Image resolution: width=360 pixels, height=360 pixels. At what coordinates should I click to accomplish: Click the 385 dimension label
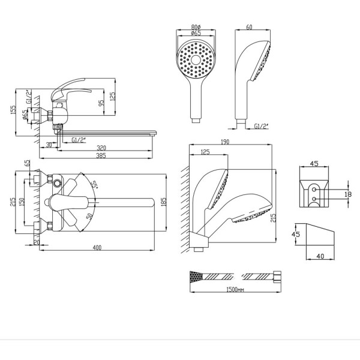[101, 155]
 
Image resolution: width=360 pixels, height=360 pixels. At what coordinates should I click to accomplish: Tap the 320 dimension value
[101, 148]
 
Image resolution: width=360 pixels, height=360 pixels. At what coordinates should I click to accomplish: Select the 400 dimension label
[97, 247]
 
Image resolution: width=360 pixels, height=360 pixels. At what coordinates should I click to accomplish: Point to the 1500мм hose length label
[235, 290]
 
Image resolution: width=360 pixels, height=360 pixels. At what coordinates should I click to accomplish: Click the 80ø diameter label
[196, 27]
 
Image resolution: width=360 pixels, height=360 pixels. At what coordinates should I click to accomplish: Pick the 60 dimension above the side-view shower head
[249, 27]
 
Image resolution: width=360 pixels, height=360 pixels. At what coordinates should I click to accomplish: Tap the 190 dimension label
[225, 142]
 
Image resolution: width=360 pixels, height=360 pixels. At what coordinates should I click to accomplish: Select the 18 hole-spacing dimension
[348, 194]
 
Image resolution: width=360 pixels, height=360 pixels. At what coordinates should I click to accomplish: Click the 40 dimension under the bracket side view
[320, 256]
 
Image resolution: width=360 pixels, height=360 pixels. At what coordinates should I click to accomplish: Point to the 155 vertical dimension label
[13, 110]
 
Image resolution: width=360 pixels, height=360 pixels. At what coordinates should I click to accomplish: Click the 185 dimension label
[163, 202]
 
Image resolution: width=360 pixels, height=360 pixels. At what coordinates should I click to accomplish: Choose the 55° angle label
[94, 184]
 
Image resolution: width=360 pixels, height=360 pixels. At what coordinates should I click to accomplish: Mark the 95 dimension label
[101, 103]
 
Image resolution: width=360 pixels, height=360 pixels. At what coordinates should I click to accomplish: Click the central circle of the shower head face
[196, 60]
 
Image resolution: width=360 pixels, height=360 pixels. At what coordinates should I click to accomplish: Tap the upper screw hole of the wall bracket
[314, 190]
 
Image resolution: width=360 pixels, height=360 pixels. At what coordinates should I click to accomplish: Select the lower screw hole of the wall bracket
[314, 199]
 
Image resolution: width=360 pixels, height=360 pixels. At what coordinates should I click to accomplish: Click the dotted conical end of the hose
[195, 277]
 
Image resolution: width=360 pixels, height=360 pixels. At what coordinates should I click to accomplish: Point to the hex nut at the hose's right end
[277, 276]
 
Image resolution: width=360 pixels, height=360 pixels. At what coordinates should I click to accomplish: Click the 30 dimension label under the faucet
[49, 145]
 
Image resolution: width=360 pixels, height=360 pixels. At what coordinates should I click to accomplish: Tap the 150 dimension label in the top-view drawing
[22, 202]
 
